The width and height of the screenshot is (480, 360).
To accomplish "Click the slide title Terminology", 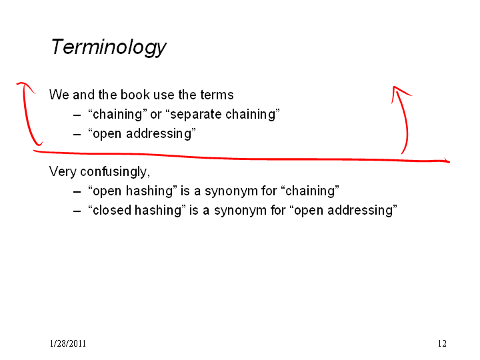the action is point(109,47).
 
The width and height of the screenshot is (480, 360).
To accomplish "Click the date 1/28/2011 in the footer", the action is point(67,343).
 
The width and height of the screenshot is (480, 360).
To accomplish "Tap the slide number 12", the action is point(442,343).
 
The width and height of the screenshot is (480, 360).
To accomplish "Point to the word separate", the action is point(195,115).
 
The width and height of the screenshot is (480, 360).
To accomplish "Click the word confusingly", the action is point(115,172).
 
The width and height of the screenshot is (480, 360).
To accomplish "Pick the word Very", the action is point(63,171).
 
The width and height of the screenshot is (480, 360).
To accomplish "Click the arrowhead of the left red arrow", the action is point(22,83).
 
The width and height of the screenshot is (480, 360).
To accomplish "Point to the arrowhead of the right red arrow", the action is point(394,87).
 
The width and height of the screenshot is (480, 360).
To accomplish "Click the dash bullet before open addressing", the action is point(77,134).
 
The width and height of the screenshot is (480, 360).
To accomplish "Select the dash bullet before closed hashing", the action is point(77,211).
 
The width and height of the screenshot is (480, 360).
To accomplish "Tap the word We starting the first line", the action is point(59,95).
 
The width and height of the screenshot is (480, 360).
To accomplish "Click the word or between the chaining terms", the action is point(156,115).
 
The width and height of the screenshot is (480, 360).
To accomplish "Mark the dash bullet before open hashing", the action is point(77,191).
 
